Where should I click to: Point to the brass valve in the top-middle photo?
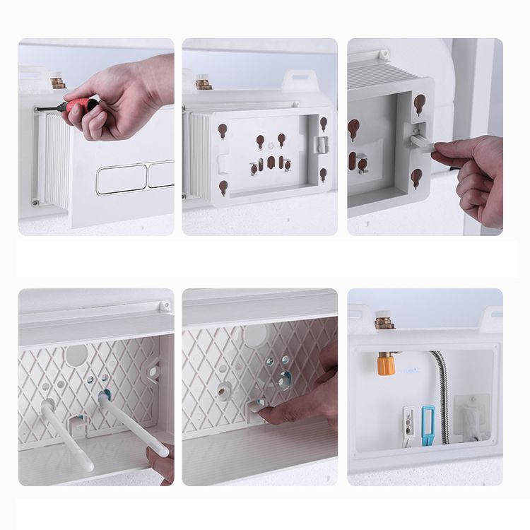(204, 83)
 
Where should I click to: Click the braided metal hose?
(443, 396)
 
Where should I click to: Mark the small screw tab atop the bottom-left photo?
(165, 307)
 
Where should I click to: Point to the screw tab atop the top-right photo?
(384, 54)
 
